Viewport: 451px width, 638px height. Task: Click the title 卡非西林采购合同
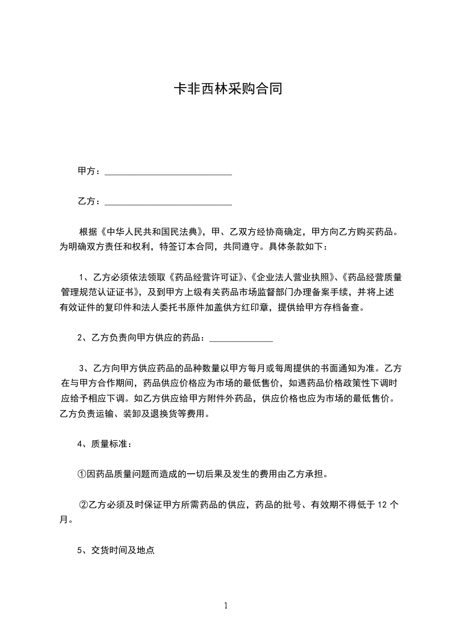point(227,90)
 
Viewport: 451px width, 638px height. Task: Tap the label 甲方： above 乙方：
point(89,171)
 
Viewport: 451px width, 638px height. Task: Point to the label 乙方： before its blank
point(89,201)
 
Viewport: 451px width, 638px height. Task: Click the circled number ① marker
point(82,474)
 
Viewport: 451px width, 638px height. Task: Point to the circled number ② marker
point(84,504)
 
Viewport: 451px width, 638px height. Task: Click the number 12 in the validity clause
point(383,504)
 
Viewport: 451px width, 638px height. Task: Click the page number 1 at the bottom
point(226,606)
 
